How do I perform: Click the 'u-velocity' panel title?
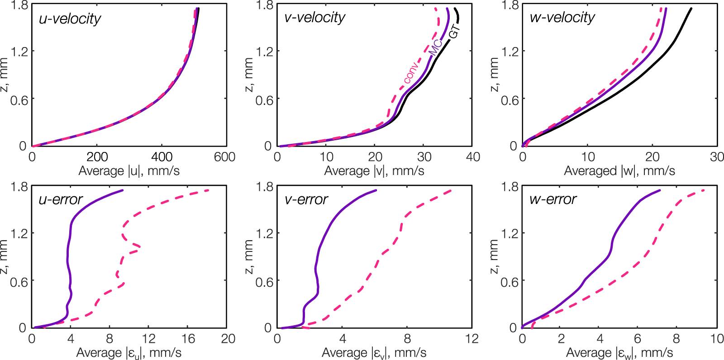[70, 19]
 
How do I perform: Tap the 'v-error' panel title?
[306, 199]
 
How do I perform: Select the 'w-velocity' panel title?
[562, 18]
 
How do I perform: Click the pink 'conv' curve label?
[410, 72]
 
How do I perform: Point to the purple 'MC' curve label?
[435, 47]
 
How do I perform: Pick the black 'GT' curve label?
[454, 31]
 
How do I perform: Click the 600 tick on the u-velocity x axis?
[225, 157]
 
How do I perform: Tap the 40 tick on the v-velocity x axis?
[472, 157]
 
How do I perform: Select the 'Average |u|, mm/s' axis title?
[129, 171]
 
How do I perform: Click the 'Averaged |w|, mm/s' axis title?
[619, 171]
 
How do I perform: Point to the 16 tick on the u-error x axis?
[188, 339]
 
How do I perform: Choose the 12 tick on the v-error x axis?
[472, 339]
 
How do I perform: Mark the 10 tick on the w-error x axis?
[717, 339]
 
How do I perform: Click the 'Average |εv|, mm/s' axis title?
[374, 353]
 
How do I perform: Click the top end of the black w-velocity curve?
[691, 9]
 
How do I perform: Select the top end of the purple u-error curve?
[123, 190]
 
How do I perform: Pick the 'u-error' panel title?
[61, 199]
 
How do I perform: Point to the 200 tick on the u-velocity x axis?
[97, 157]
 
